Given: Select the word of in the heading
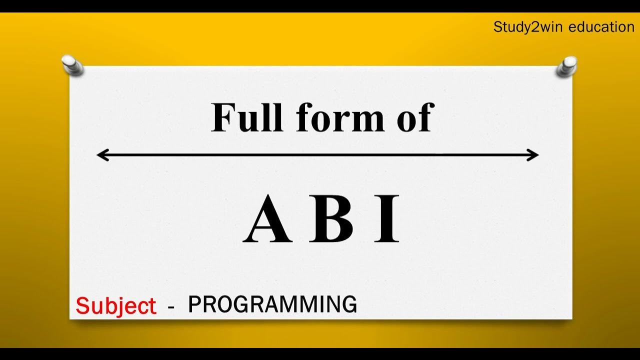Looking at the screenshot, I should pos(413,118).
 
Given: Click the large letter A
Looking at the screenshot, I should pos(268,220).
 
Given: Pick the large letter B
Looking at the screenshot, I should pos(331,220).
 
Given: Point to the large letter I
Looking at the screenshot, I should pos(387,220).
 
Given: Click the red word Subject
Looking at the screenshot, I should pos(116,306).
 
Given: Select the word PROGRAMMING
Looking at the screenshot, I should pos(272,304).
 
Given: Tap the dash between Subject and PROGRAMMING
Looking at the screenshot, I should pos(171,307).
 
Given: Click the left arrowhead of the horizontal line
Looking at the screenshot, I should pos(101,155).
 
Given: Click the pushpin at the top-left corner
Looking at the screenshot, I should pos(73,65).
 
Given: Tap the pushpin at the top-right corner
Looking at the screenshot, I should pos(567,66).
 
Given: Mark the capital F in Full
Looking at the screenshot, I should pos(221,118).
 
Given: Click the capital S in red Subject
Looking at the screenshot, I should pos(82,305).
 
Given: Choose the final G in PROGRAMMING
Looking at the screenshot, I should pos(349,304).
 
